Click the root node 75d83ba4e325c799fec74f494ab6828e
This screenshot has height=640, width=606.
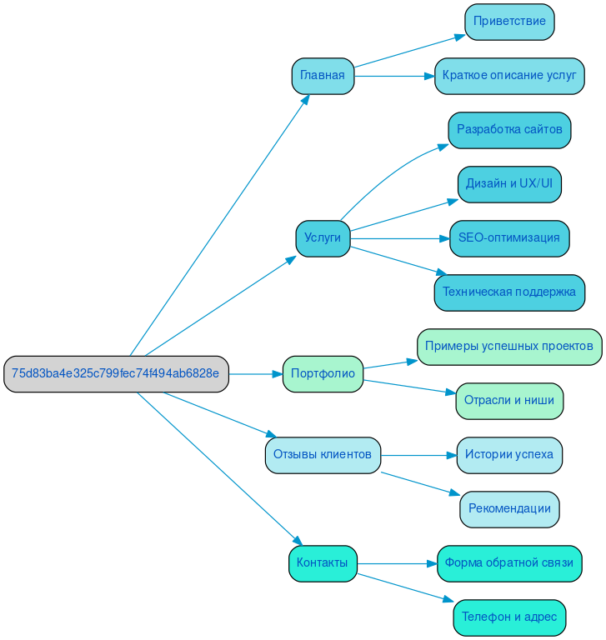coord(116,374)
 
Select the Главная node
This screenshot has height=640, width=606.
coord(323,76)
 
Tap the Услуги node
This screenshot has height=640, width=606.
coord(323,238)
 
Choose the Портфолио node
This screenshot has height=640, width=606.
coord(323,374)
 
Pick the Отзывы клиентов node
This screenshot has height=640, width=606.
coord(323,455)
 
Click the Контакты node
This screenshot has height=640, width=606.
coord(323,563)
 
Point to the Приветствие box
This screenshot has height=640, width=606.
coord(509,22)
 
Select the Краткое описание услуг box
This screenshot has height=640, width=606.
coord(509,76)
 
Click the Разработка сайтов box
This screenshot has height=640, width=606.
coord(509,130)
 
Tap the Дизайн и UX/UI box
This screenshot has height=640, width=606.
coord(509,184)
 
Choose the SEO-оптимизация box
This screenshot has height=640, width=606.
coord(509,238)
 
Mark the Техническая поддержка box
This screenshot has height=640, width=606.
coord(509,292)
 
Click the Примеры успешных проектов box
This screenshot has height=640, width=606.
coord(509,347)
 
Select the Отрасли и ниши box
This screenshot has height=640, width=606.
coord(509,401)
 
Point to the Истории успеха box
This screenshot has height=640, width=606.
coord(509,455)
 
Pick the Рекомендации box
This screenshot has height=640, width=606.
coord(509,509)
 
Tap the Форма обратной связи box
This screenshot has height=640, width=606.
coord(509,563)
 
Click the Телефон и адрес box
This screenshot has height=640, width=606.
coord(509,617)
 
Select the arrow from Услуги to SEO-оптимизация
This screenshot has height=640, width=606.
coord(400,238)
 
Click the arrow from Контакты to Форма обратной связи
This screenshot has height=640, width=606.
coord(397,563)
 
